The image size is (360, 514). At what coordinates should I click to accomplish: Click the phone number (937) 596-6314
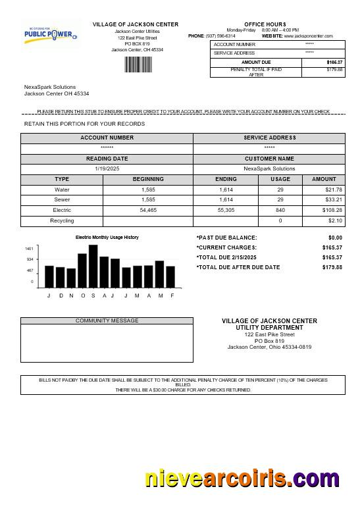coord(220,36)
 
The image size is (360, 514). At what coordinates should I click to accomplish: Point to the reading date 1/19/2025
coord(107,169)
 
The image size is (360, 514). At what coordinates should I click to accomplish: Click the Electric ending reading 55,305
coord(226,210)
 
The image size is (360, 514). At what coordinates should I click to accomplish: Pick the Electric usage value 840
coord(280,210)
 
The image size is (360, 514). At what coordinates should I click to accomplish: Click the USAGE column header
coord(280,179)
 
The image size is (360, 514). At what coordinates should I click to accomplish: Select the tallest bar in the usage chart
coord(93,266)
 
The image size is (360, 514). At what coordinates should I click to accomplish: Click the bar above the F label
coord(170,276)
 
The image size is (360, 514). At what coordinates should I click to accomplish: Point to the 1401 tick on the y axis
coord(29,249)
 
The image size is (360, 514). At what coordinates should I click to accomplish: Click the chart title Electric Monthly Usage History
coord(107,237)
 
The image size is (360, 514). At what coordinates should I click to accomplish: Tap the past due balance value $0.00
coord(335,238)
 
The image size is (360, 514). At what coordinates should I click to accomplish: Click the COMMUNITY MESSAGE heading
coord(107,321)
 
